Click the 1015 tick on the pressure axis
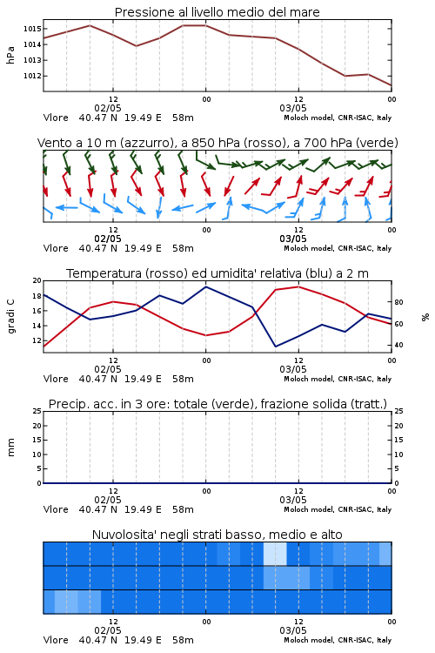32,29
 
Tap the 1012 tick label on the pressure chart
32,76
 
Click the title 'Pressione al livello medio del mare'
217,12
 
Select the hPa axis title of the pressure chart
10,55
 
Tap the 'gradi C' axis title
10,317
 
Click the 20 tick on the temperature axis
37,280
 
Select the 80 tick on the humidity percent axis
398,302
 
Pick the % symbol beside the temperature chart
425,317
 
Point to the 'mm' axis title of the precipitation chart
10,448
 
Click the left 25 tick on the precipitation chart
37,412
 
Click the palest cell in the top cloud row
275,554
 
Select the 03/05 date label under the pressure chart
293,108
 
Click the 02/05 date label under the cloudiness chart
108,630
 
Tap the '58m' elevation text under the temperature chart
184,379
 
